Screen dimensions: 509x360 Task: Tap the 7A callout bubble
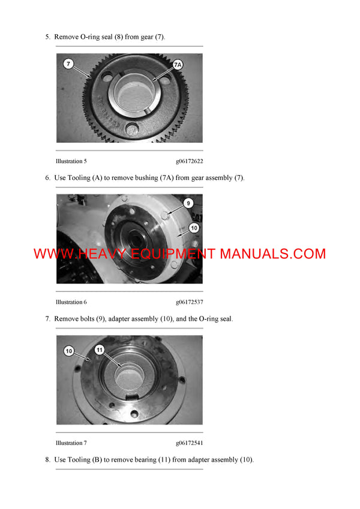[x=178, y=64]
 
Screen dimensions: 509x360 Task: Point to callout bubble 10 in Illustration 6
[x=193, y=227]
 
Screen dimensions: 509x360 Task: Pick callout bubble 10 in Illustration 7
[x=68, y=350]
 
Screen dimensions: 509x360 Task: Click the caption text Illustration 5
[x=71, y=161]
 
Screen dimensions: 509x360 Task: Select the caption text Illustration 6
[x=71, y=302]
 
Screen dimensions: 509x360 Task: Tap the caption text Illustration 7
[x=71, y=443]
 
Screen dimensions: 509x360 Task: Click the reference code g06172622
[x=189, y=161]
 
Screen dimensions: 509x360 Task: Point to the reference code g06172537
[x=189, y=302]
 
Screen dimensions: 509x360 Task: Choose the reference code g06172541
[x=189, y=443]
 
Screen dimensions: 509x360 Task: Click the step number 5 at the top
[x=47, y=37]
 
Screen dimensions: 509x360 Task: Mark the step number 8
[x=47, y=460]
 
